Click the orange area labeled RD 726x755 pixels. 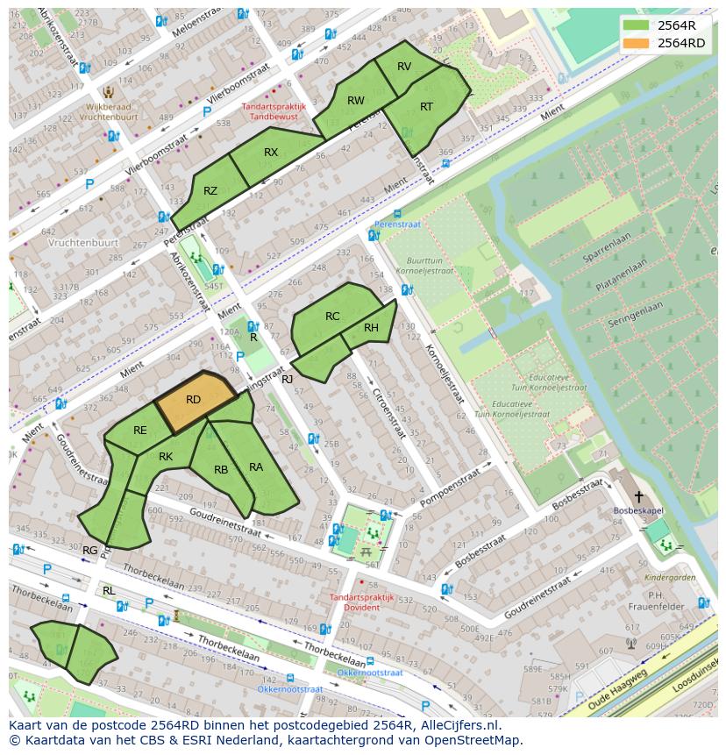pyautogui.click(x=195, y=401)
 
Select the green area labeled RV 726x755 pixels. pyautogui.click(x=404, y=68)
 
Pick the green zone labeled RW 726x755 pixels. pyautogui.click(x=355, y=102)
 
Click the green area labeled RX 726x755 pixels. pyautogui.click(x=271, y=153)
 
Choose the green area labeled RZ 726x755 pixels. pyautogui.click(x=210, y=191)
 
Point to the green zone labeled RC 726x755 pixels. pyautogui.click(x=332, y=317)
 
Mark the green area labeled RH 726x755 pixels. pyautogui.click(x=372, y=329)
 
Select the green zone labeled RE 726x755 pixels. pyautogui.click(x=140, y=431)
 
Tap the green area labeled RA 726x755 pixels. pyautogui.click(x=256, y=468)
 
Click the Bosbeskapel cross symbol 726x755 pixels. pyautogui.click(x=638, y=496)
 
